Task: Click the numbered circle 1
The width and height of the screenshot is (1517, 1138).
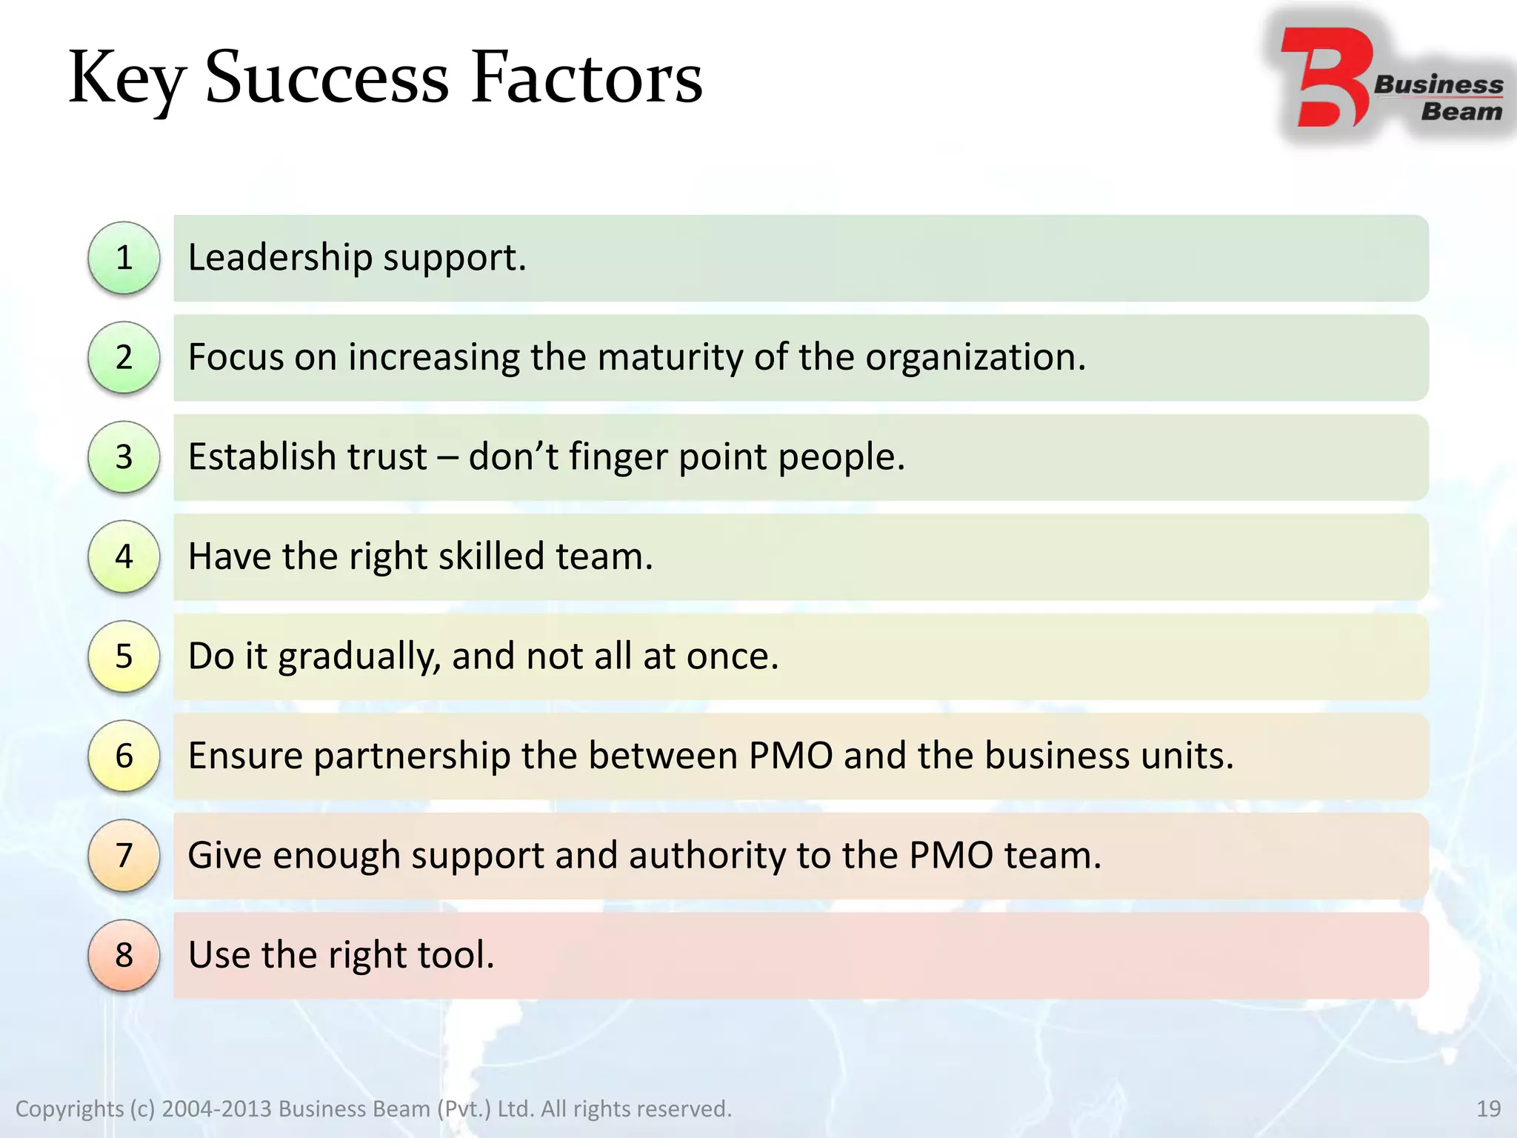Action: [x=124, y=258]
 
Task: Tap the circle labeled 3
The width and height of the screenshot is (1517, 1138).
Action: [x=124, y=456]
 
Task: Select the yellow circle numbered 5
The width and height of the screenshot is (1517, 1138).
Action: [x=124, y=656]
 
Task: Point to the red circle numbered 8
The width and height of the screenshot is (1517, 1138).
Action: [x=124, y=955]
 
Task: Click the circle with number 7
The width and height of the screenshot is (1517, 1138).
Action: [x=124, y=856]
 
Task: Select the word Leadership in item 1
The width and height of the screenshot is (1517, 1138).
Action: [x=280, y=258]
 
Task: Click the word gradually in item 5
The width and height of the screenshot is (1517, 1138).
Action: [x=360, y=656]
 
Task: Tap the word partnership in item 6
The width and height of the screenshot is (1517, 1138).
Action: [x=412, y=756]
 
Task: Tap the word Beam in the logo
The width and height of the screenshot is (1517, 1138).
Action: [x=1461, y=112]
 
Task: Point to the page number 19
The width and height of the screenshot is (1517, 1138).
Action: [x=1488, y=1109]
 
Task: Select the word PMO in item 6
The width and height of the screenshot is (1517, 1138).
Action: [x=790, y=756]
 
